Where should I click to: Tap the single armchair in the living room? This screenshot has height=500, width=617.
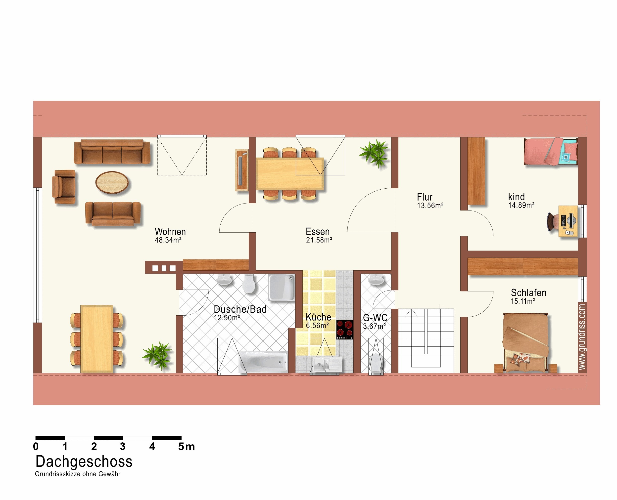(x=64, y=187)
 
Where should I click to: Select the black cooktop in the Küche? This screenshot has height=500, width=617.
(x=345, y=330)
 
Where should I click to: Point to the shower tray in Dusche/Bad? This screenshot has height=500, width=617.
(x=282, y=287)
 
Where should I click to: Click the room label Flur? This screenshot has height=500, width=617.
(x=425, y=197)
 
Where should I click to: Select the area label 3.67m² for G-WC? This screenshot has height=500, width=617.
(x=374, y=326)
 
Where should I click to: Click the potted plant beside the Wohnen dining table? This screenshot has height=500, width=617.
(x=157, y=355)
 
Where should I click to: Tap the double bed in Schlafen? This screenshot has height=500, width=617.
(x=525, y=343)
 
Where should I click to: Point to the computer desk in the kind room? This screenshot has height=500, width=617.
(x=568, y=221)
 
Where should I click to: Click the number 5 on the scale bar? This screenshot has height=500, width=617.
(x=181, y=446)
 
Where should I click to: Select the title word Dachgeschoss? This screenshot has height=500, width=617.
(x=84, y=462)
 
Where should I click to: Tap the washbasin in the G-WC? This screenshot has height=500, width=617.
(x=376, y=279)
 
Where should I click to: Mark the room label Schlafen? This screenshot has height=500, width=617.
(x=528, y=293)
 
